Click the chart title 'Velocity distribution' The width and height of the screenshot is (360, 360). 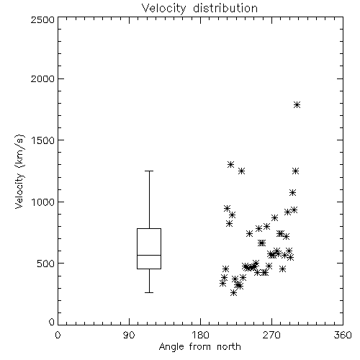[x=199, y=8]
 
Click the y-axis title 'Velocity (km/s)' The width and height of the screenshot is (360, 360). [x=19, y=171]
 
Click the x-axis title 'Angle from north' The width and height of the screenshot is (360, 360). [x=199, y=346]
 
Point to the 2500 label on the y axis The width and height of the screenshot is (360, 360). [x=42, y=19]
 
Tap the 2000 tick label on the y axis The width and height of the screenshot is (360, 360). [x=42, y=78]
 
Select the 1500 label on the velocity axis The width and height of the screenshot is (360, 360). [x=43, y=140]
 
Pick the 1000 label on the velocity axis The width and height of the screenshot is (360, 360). [x=43, y=202]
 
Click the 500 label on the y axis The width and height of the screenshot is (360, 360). [x=46, y=264]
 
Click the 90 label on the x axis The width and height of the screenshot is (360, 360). [x=129, y=335]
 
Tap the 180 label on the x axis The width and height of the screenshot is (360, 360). [x=200, y=335]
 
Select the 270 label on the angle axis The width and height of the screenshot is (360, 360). [x=271, y=335]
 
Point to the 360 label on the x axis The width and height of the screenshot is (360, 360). [x=343, y=335]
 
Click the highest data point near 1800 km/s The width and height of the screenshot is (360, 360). [x=297, y=105]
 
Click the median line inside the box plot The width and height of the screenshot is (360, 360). [x=149, y=255]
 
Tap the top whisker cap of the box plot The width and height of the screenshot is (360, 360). [x=149, y=171]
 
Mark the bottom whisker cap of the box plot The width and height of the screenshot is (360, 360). [x=149, y=292]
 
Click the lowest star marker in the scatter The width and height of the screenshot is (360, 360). [x=233, y=293]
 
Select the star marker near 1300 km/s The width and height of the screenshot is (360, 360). [x=230, y=164]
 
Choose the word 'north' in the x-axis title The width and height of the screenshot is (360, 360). [x=228, y=346]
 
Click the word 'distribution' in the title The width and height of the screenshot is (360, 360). [x=225, y=8]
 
